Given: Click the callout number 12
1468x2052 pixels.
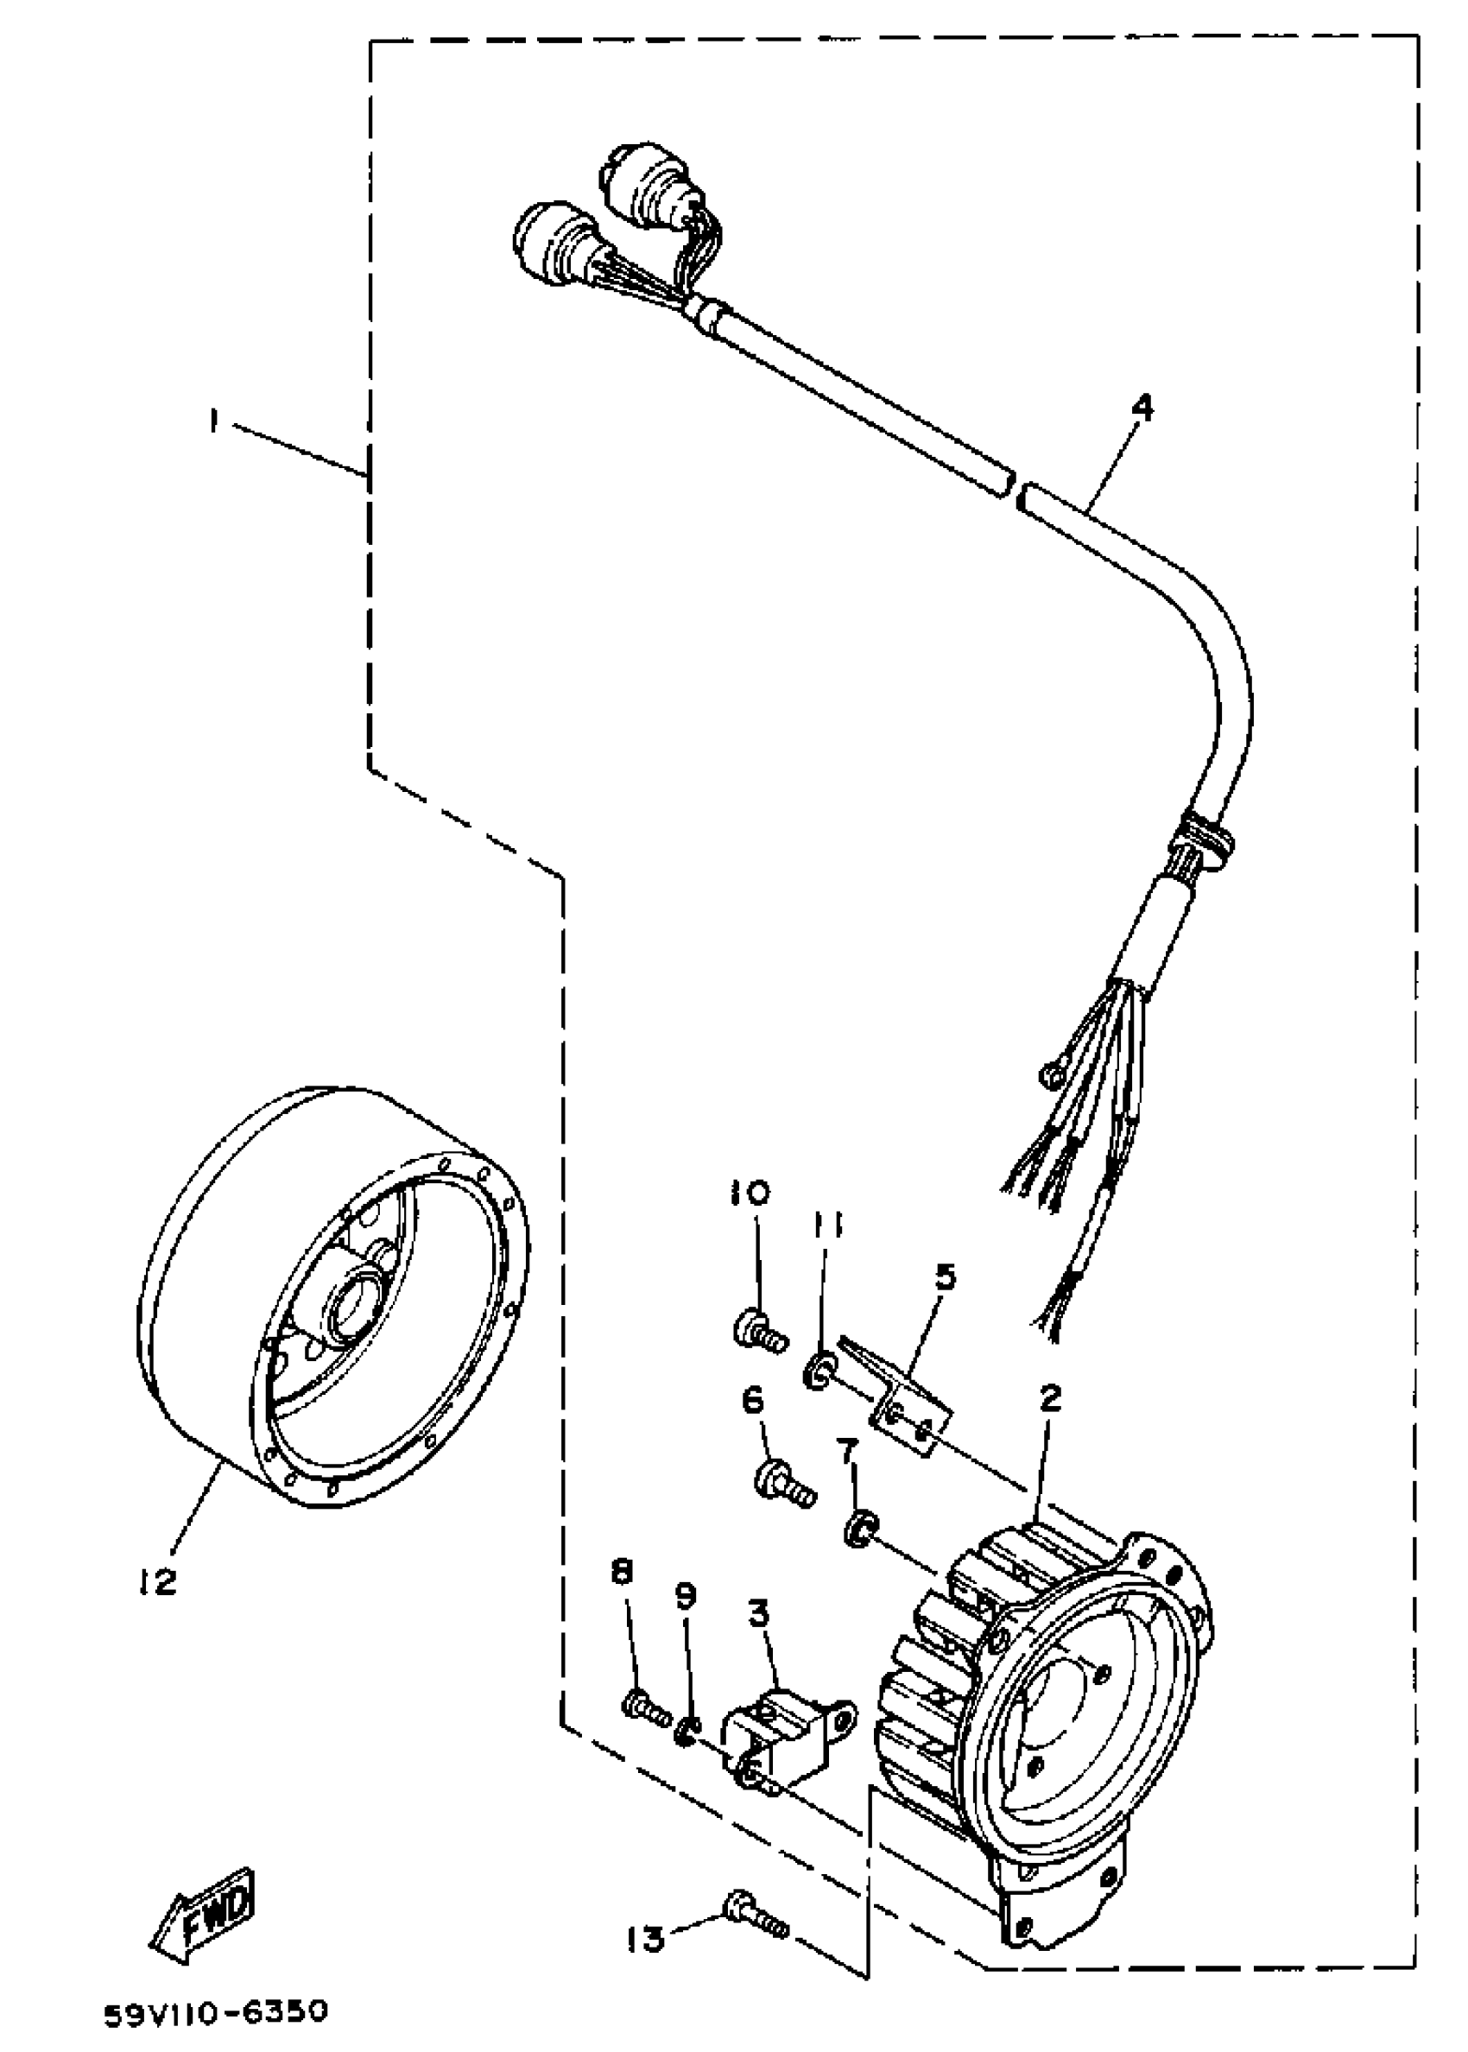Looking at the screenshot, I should tap(159, 1582).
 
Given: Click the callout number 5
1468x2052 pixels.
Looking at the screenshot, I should tap(945, 1276).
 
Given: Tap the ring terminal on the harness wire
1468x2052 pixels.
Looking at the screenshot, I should tap(1051, 1075).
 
